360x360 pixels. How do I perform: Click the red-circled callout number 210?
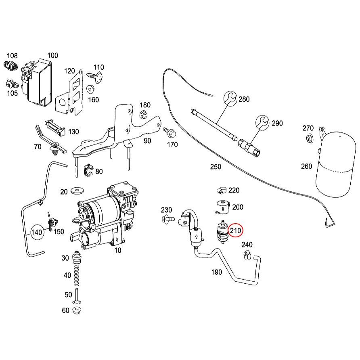click(x=235, y=231)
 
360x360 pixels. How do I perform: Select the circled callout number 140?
click(x=37, y=232)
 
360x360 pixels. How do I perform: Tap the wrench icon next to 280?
click(x=230, y=98)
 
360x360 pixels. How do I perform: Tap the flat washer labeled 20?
click(x=75, y=190)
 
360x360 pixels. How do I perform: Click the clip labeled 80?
click(x=88, y=170)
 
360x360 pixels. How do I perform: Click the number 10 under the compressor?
click(x=117, y=251)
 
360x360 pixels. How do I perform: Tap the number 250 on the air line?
click(x=215, y=166)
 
